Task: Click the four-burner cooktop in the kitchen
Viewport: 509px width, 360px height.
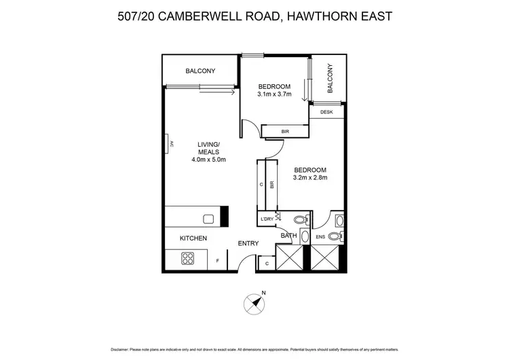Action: click(x=187, y=258)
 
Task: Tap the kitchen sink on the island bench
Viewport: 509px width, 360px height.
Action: click(x=208, y=219)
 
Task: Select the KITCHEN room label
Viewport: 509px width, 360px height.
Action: click(x=193, y=238)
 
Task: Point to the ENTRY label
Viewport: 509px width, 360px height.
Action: click(x=248, y=243)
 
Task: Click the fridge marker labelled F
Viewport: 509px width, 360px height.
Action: click(x=217, y=261)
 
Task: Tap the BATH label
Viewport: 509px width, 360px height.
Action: click(x=289, y=236)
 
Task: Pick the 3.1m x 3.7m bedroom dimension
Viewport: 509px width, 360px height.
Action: click(x=274, y=94)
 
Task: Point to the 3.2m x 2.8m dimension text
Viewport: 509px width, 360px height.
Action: click(x=310, y=179)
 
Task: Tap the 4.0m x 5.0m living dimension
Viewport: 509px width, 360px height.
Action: click(x=208, y=160)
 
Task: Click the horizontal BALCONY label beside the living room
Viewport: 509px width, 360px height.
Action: click(x=200, y=71)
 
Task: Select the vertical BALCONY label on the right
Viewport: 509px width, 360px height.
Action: click(x=331, y=78)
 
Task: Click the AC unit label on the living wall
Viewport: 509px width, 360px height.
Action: click(x=172, y=143)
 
